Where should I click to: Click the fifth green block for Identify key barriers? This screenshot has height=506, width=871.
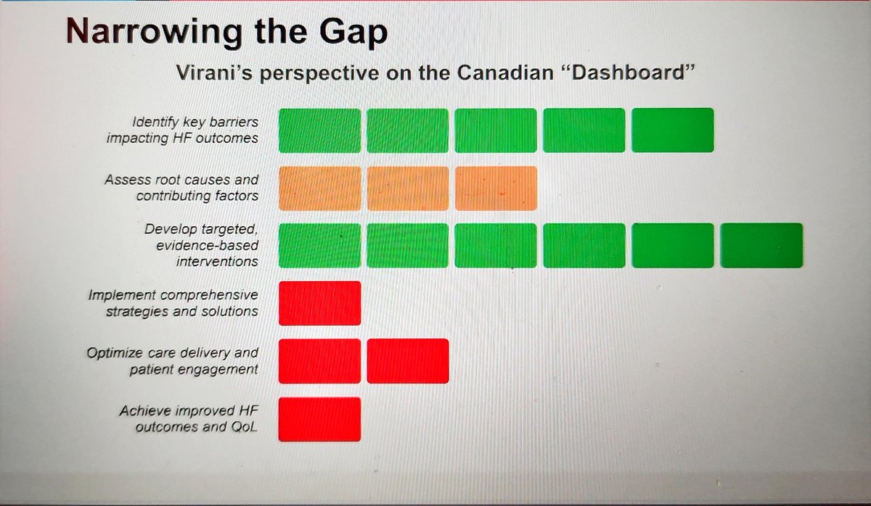(x=672, y=130)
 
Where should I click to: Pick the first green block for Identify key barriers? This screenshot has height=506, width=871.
(x=320, y=130)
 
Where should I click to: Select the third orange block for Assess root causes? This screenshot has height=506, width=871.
(x=496, y=188)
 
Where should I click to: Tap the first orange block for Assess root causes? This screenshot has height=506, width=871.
(x=320, y=188)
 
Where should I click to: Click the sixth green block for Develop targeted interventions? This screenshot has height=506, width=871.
(x=761, y=246)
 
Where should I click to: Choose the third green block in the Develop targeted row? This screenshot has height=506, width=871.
(x=496, y=246)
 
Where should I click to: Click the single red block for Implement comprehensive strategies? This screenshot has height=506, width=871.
(x=320, y=303)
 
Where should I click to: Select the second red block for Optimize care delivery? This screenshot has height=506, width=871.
(x=408, y=361)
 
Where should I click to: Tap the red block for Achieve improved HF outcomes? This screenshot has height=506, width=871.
(x=320, y=419)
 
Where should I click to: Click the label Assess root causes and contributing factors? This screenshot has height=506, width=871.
(x=181, y=188)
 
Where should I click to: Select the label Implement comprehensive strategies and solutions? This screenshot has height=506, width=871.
(x=173, y=304)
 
